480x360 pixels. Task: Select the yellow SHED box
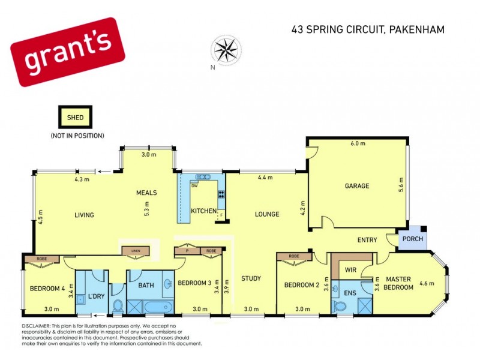[76, 118]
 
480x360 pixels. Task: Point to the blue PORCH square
[412, 239]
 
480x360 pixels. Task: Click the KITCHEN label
[203, 212]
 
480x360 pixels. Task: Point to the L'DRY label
[96, 296]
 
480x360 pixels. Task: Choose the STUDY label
[251, 278]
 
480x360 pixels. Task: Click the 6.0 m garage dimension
[358, 143]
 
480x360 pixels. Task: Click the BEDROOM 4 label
[47, 289]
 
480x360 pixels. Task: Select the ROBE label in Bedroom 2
[294, 257]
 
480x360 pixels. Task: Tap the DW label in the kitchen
[194, 186]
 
